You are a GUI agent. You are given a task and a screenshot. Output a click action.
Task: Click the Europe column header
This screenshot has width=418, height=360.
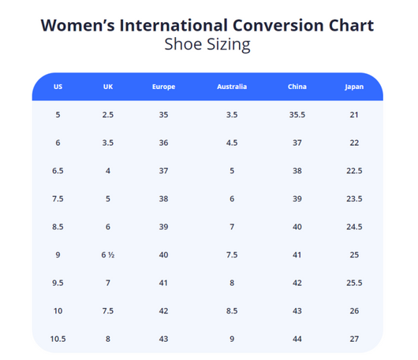click(163, 87)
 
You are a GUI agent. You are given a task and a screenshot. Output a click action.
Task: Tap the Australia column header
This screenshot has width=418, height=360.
click(232, 87)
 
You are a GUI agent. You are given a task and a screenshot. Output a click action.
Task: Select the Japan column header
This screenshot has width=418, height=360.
click(354, 87)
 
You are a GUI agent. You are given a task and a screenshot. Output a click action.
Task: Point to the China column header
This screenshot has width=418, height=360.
click(297, 87)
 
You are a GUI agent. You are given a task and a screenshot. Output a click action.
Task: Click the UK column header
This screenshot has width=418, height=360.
click(108, 87)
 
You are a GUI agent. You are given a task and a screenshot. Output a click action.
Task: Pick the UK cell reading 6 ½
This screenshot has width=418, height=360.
click(108, 254)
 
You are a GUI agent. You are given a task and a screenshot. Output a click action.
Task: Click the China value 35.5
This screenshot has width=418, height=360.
click(297, 115)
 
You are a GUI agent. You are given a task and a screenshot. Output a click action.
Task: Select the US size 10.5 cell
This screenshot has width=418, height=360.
click(58, 339)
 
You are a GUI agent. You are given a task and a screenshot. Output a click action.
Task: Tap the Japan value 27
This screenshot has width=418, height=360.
click(354, 339)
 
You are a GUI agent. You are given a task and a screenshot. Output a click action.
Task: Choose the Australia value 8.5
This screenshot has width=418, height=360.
click(232, 311)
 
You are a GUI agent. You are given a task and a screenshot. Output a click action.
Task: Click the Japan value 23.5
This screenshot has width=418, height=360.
click(354, 199)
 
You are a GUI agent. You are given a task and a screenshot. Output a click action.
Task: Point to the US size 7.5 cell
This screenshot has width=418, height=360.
click(58, 199)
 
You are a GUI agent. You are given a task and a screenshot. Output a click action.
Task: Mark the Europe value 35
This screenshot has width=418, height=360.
click(163, 115)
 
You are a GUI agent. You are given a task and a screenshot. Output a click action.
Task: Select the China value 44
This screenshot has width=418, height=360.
click(297, 339)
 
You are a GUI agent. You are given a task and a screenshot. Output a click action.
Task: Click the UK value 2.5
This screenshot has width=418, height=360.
click(108, 115)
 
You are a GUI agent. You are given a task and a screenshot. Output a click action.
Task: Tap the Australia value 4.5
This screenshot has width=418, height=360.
click(232, 143)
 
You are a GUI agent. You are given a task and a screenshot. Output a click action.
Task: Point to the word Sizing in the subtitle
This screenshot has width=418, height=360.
click(229, 44)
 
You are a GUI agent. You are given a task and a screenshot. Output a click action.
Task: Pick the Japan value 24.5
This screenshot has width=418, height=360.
click(354, 227)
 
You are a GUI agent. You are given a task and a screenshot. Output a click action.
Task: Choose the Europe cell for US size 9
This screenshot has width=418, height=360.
click(163, 254)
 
